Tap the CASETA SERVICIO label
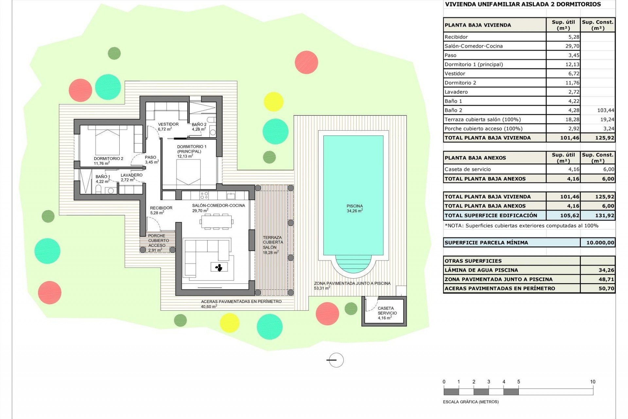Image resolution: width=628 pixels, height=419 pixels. pos(387,313)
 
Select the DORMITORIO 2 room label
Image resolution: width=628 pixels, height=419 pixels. pos(108,161)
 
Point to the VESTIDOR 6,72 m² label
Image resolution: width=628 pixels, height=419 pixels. pos(168,127)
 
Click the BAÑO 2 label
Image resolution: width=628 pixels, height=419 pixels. pos(199,127)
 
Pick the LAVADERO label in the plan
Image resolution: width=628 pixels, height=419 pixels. pos(131,177)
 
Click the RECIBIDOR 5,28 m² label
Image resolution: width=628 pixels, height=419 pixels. pos(161,210)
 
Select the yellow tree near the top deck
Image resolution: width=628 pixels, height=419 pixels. pos(273,101)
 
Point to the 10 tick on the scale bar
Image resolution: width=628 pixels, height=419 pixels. pos(593,382)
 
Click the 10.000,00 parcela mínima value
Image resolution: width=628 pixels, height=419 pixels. pos(598,243)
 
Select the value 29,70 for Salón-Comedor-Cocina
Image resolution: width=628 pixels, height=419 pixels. pos(572,46)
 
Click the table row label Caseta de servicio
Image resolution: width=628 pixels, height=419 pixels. pos(468,169)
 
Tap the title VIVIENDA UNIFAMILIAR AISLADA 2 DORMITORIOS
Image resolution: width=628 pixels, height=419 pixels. pos(523,4)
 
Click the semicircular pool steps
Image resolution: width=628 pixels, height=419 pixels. pos(353,264)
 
